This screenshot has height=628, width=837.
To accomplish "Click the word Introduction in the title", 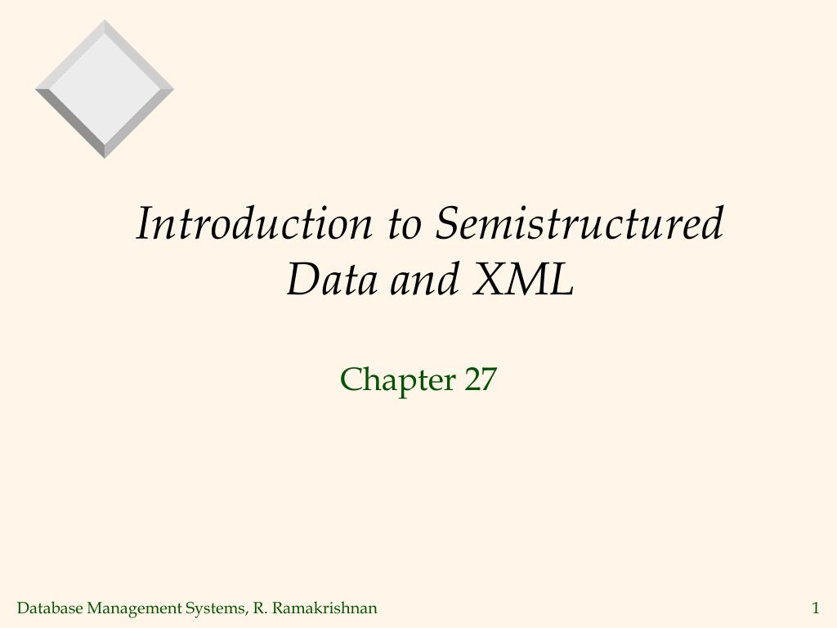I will [254, 224].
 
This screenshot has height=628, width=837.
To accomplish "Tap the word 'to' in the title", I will [404, 224].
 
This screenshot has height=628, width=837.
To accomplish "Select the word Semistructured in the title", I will [579, 224].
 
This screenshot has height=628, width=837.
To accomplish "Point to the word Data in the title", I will [332, 280].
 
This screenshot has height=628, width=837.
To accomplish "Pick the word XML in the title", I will [522, 280].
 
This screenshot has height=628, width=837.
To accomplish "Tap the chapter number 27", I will [481, 380].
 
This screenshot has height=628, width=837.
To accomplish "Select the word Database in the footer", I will [50, 608].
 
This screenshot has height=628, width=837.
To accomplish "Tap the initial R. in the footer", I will [261, 608].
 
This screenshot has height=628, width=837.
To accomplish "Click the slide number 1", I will [815, 608].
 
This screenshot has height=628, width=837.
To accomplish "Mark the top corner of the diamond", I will [105, 20].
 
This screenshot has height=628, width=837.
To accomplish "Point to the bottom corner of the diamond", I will [105, 158].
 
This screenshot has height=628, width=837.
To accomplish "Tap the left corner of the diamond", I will [36, 89].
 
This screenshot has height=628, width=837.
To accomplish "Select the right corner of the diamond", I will [173, 89].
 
